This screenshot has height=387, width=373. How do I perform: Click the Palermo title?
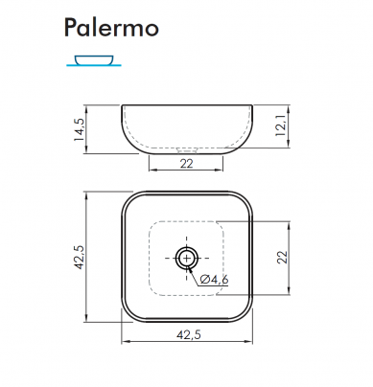[111, 28]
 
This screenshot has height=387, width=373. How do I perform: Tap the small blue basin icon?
[94, 59]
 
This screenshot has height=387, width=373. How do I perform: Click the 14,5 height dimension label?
[79, 129]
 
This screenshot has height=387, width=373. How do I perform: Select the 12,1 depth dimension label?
[281, 125]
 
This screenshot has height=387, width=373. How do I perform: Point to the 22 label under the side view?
[187, 164]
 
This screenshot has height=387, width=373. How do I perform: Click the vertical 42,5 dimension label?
[79, 257]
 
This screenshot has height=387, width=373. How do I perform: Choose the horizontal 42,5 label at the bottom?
[189, 334]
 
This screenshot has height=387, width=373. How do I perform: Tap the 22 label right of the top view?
[283, 257]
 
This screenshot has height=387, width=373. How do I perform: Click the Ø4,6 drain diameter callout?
[214, 280]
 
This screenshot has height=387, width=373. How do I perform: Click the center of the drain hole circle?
[187, 258]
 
